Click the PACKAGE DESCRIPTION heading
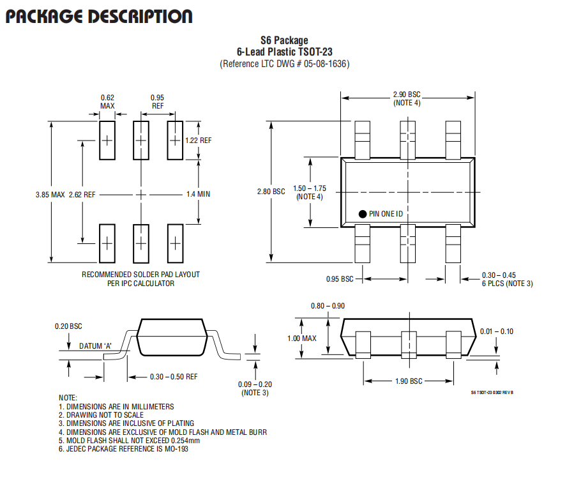[99, 17]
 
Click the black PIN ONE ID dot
[363, 214]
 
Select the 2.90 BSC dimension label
[407, 95]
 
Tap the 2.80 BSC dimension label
[271, 192]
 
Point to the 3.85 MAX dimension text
[50, 195]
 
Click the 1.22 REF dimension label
[198, 140]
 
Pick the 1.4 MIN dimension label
[198, 194]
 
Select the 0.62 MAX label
[107, 102]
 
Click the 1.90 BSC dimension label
[409, 381]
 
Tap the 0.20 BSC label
[68, 326]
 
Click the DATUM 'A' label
[96, 346]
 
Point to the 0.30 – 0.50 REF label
[174, 377]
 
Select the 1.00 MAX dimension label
[301, 338]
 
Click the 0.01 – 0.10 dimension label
[497, 331]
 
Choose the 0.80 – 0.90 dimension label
[328, 306]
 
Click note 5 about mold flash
[129, 441]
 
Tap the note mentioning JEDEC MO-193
[123, 449]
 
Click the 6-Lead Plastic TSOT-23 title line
[285, 52]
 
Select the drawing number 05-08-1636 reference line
[285, 64]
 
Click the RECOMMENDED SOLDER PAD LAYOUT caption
[140, 275]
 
